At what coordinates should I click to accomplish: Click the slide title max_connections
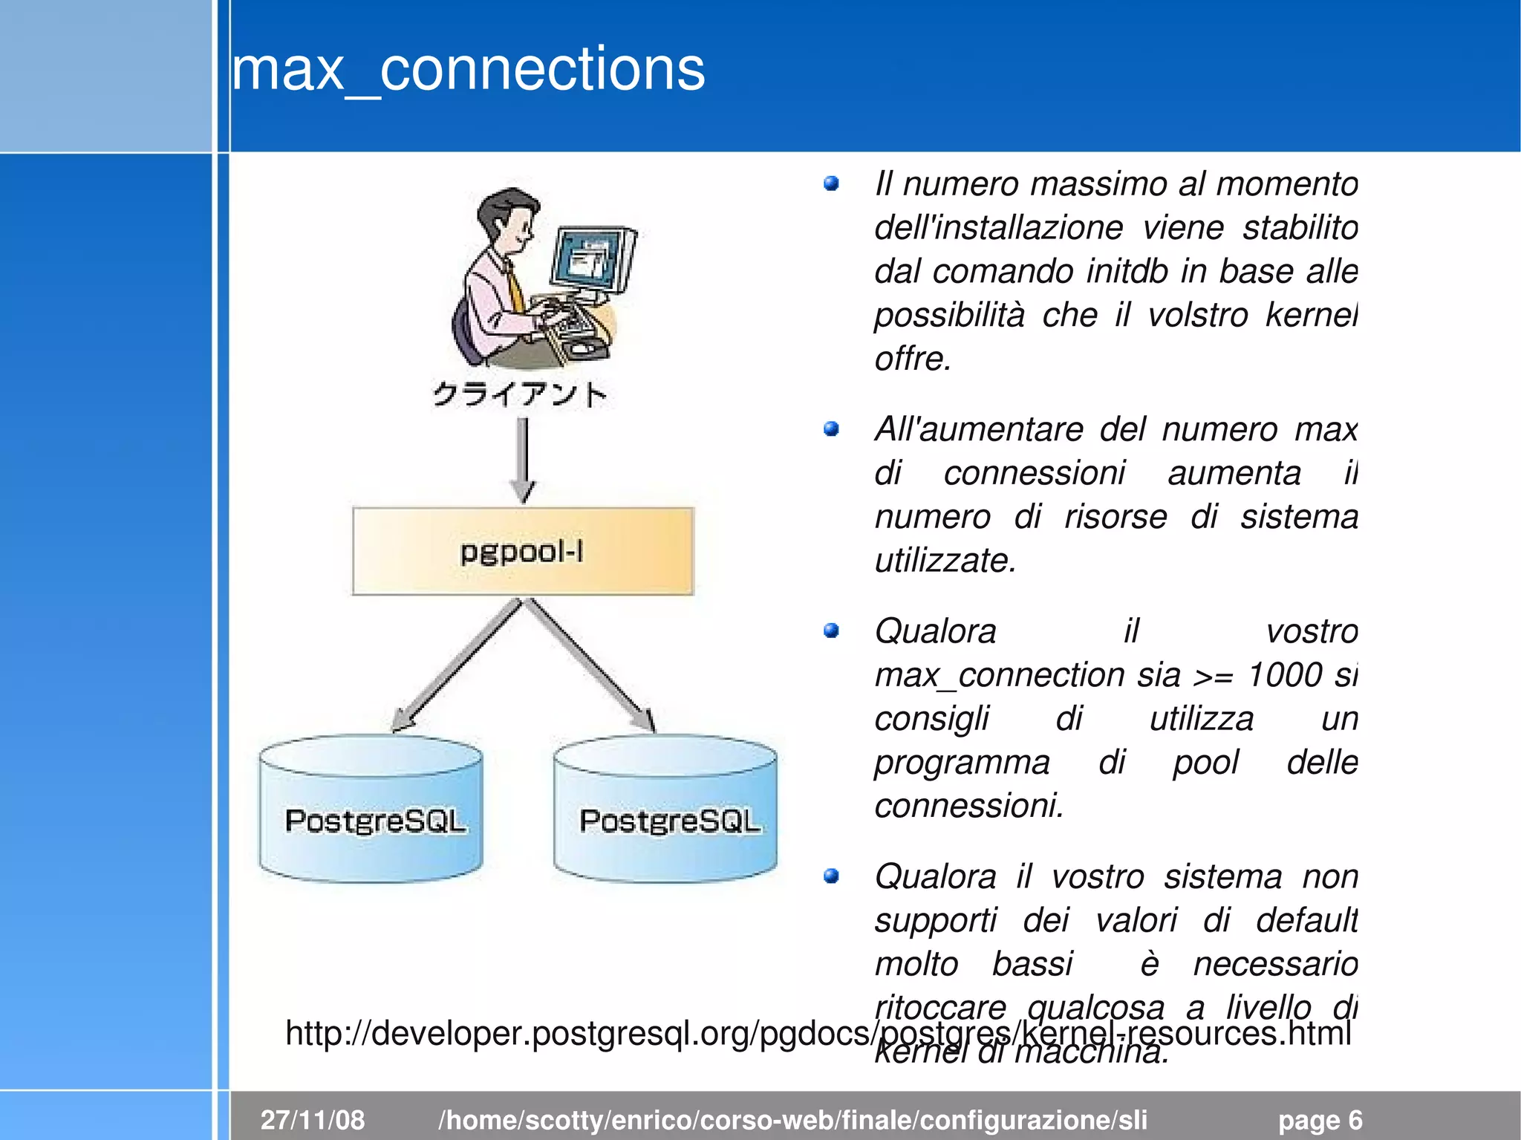468,69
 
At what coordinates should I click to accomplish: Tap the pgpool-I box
523,551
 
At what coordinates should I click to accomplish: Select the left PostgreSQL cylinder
371,810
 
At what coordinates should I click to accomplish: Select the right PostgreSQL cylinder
665,810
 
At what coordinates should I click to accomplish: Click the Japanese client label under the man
520,394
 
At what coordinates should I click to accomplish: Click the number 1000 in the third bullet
1285,675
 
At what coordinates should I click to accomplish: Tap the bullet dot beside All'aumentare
831,429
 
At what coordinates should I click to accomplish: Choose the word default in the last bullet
1306,920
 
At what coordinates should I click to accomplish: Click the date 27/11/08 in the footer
313,1119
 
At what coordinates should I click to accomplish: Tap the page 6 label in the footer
1320,1119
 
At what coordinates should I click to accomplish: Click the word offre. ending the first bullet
913,359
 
